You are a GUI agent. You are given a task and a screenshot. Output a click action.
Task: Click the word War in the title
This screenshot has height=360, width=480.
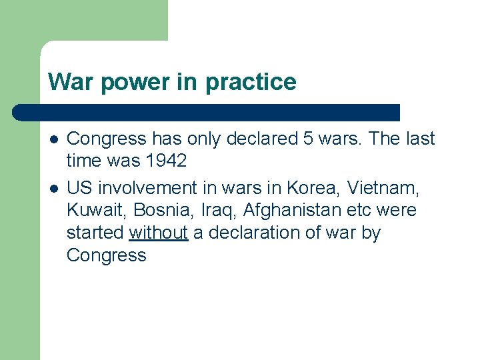[68, 82]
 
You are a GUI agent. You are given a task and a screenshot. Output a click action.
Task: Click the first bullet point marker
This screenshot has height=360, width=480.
[53, 139]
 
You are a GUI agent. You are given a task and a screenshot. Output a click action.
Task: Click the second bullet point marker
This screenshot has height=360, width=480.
[53, 189]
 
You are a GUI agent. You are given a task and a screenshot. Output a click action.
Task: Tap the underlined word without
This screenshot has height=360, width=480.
[158, 233]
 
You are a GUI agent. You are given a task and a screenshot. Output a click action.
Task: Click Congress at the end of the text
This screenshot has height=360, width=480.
[106, 256]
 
